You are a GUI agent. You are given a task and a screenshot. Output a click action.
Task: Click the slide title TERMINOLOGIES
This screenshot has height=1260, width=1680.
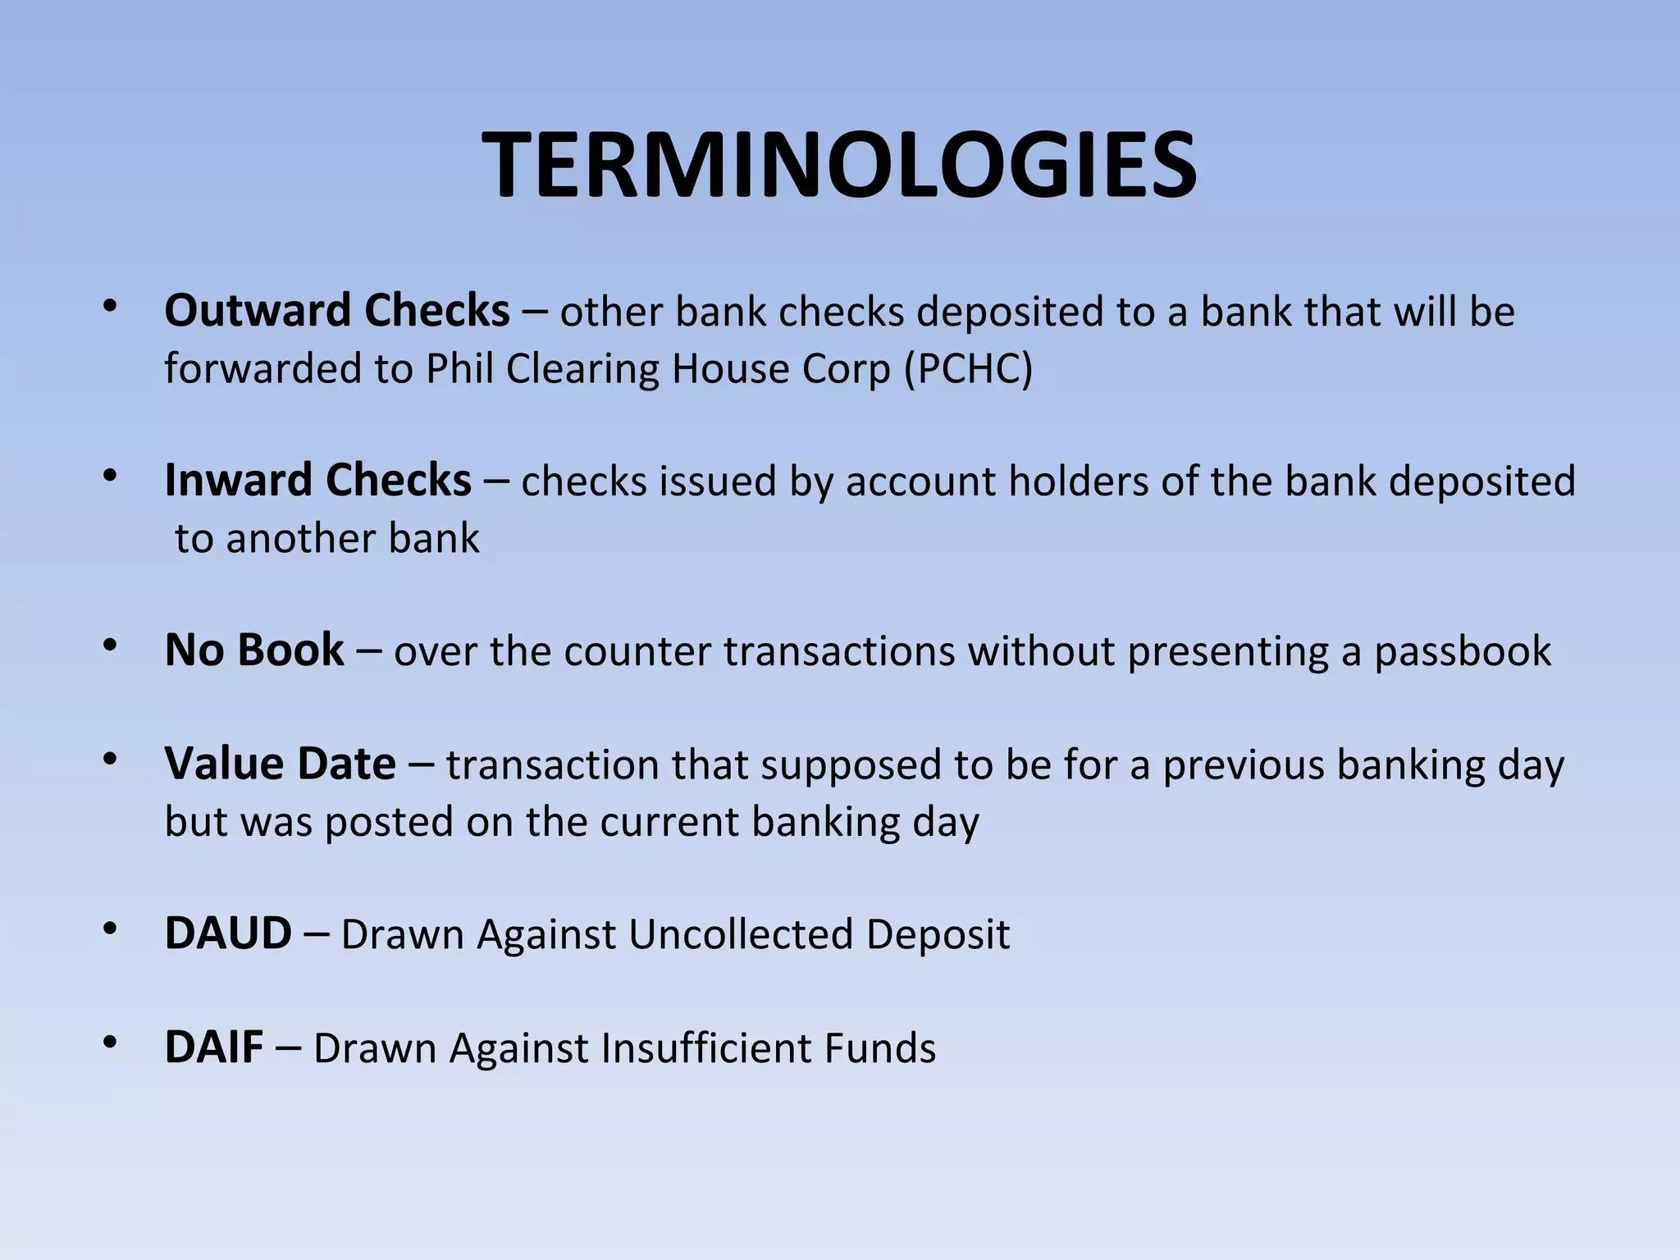click(x=839, y=166)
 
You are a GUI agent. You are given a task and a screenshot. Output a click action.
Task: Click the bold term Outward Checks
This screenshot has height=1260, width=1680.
click(x=337, y=311)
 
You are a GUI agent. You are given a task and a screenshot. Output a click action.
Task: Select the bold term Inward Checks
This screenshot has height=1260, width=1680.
click(x=317, y=480)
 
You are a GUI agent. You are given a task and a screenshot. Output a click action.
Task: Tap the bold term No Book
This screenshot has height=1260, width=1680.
click(x=254, y=650)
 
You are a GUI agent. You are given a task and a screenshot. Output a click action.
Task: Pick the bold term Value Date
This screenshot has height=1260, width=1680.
click(x=280, y=764)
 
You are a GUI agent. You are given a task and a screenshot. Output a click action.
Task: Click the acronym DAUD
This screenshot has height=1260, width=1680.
click(x=228, y=934)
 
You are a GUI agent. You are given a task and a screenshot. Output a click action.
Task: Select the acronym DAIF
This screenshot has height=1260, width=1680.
click(x=214, y=1048)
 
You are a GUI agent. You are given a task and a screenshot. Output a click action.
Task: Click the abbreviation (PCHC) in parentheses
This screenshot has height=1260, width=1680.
click(x=968, y=369)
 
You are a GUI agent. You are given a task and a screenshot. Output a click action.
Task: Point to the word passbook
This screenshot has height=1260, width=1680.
click(x=1463, y=651)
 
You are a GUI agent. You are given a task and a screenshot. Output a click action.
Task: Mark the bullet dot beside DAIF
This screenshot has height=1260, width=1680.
click(x=111, y=1043)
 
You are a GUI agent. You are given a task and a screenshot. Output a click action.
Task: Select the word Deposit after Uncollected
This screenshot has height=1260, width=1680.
click(x=938, y=934)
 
